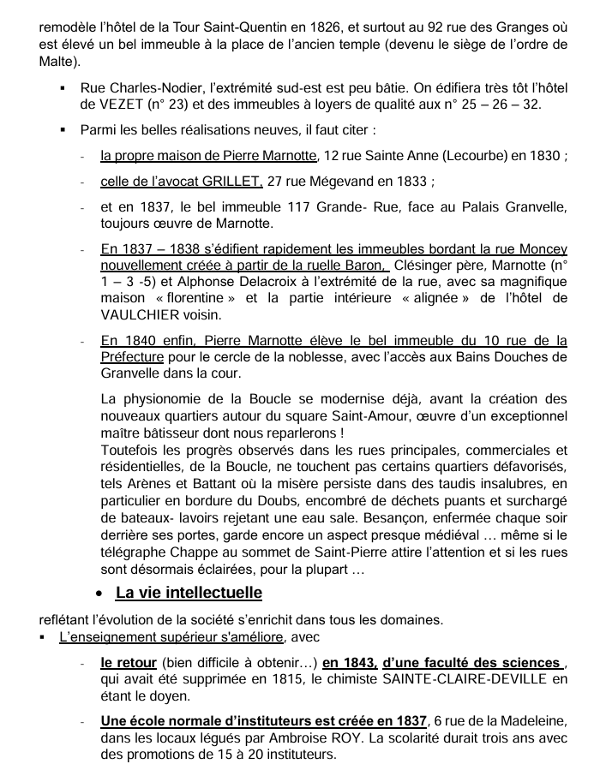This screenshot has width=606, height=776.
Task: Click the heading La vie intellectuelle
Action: point(189,593)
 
